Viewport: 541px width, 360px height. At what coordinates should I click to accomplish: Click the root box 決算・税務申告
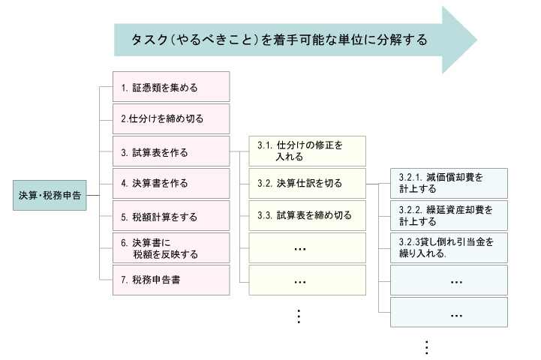(x=50, y=195)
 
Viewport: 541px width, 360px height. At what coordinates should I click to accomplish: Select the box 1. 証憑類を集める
(x=171, y=87)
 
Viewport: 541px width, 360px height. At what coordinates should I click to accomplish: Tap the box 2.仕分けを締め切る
(x=171, y=119)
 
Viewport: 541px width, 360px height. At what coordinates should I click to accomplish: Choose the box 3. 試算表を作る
(x=171, y=151)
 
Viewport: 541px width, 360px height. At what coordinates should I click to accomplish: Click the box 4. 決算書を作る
(x=171, y=184)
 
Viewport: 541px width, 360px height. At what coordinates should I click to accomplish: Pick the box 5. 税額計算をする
(x=171, y=216)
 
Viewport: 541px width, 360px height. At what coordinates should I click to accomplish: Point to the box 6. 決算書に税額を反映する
(x=171, y=248)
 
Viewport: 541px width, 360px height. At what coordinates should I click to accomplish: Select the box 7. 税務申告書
(x=171, y=280)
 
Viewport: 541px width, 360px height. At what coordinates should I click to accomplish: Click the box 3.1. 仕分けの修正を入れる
(x=308, y=151)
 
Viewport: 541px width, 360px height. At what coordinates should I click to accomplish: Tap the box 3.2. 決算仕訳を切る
(x=308, y=184)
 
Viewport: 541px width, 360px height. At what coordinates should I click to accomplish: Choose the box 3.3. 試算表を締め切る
(x=308, y=215)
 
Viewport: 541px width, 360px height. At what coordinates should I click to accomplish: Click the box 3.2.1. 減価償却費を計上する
(x=449, y=184)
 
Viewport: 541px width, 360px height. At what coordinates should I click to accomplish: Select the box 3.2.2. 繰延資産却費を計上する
(x=449, y=215)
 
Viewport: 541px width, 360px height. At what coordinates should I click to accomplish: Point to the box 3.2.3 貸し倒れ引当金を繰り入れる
(x=449, y=248)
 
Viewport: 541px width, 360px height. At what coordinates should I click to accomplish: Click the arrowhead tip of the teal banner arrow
(x=477, y=40)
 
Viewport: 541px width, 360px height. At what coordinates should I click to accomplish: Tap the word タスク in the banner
(x=150, y=40)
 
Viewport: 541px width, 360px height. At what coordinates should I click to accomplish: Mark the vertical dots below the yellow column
(x=299, y=316)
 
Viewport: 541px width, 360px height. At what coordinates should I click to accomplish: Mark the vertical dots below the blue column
(x=427, y=347)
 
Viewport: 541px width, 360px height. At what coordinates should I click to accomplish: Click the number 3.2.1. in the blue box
(x=410, y=177)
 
